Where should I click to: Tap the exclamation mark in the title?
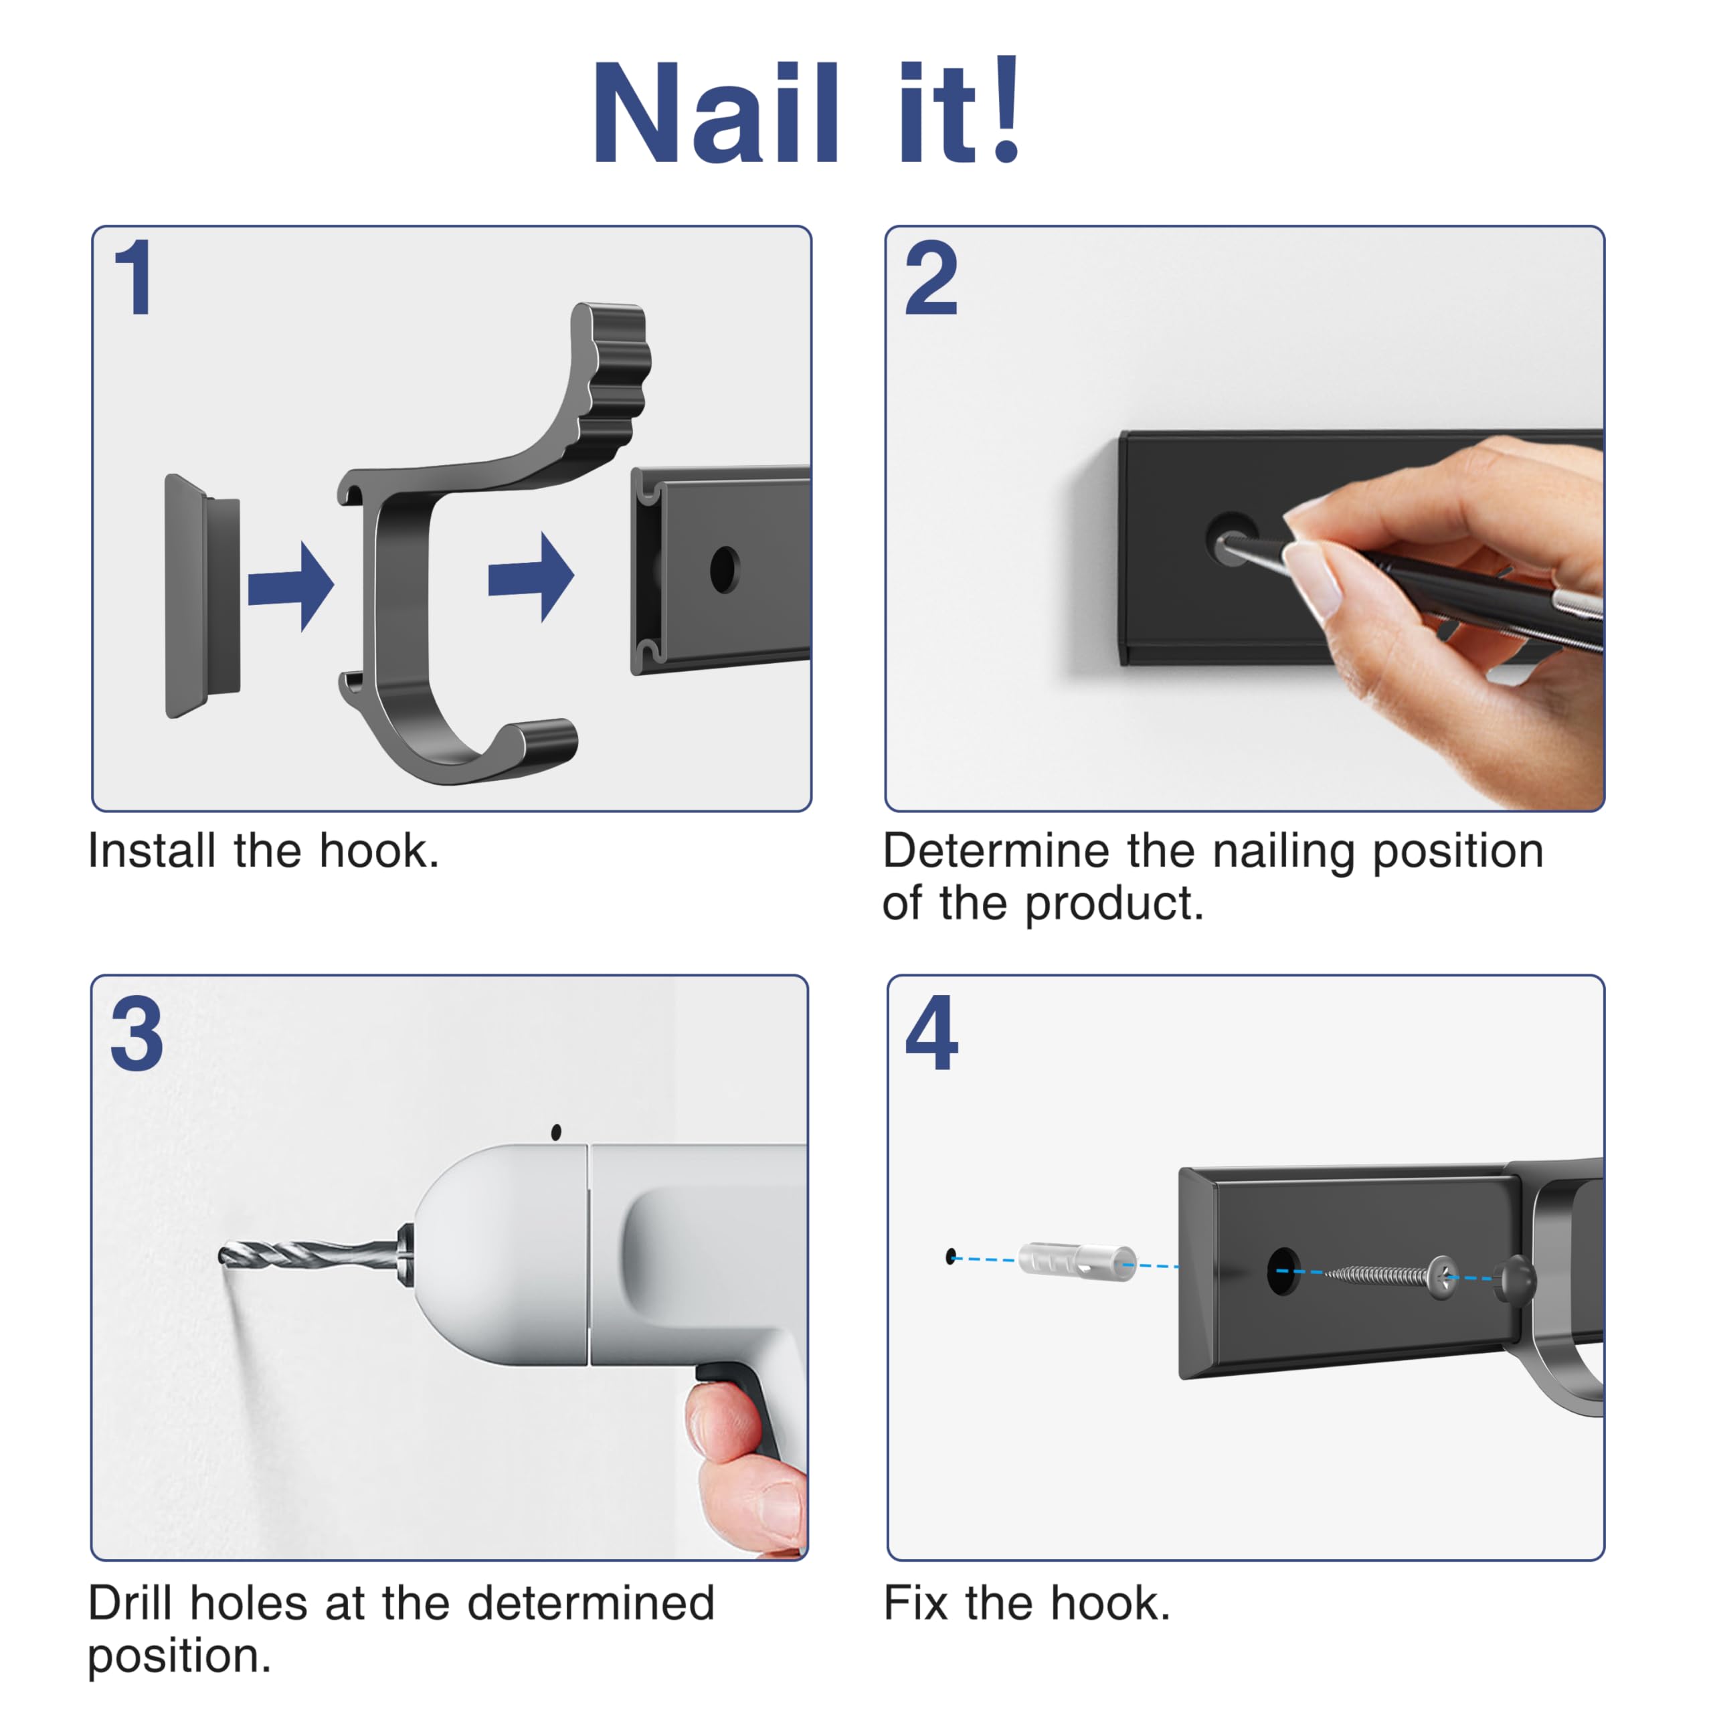(x=1007, y=108)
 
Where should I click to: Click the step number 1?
(x=134, y=278)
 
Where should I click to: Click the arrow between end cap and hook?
(x=291, y=586)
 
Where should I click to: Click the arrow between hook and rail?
(x=531, y=577)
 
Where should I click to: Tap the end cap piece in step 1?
(x=202, y=596)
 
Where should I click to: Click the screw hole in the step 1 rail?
(x=725, y=570)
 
